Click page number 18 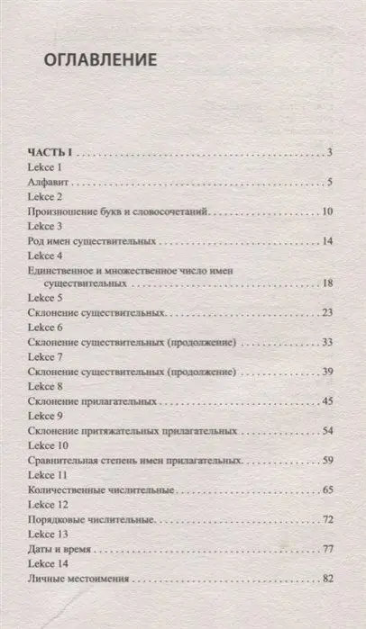pos(328,283)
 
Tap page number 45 pos(328,402)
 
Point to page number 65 pos(328,490)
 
